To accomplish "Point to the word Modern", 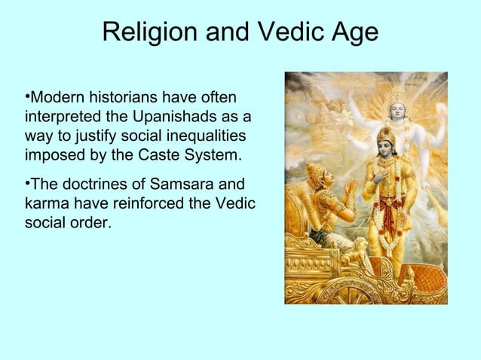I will point(57,99).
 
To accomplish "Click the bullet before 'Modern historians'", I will point(27,97).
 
